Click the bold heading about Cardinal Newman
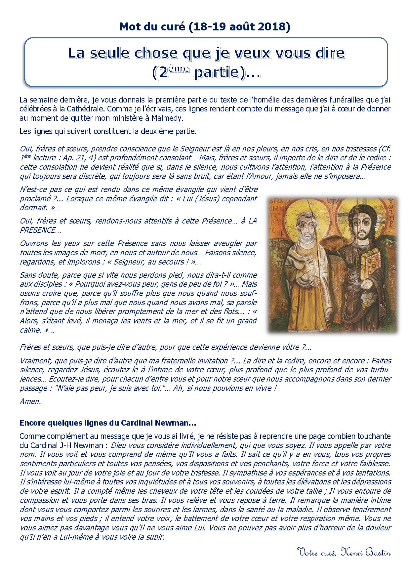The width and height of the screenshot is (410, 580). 108,423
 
